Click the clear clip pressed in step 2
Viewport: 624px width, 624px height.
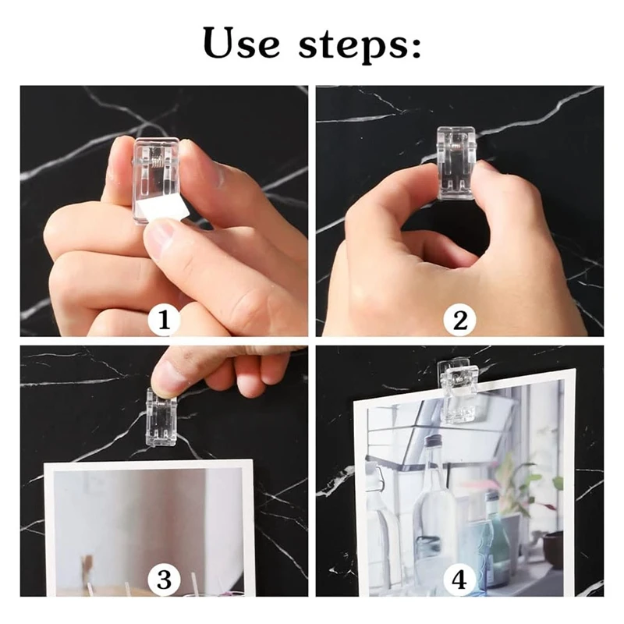[x=457, y=161]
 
